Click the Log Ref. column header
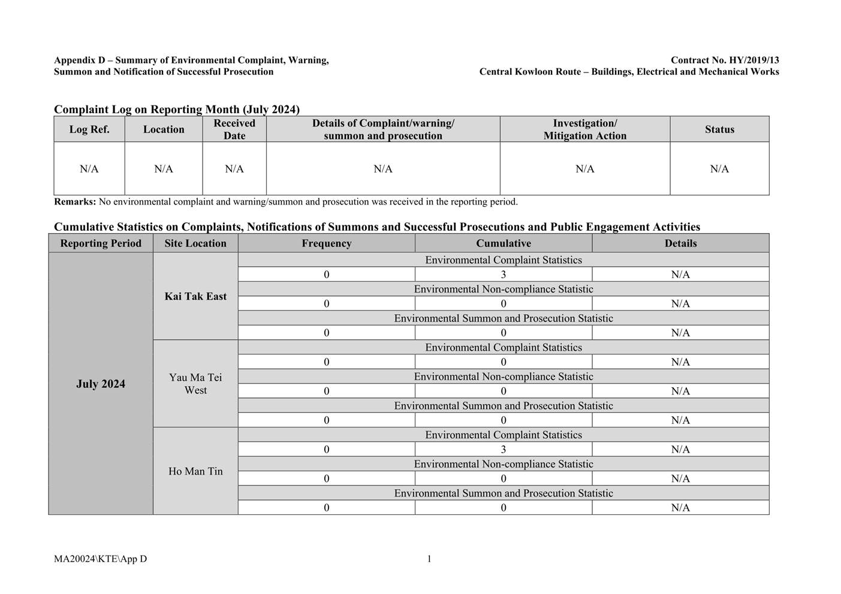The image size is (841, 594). pos(89,129)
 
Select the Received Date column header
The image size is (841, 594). pos(234,129)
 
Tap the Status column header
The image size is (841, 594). pos(719,129)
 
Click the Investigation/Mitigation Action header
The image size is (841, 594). pos(584,129)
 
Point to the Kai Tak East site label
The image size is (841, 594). pos(195,296)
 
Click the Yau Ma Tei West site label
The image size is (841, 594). pos(195,384)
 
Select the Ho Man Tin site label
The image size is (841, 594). pos(195,471)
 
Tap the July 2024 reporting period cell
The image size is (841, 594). pos(101,384)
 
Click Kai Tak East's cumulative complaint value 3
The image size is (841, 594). pos(504,275)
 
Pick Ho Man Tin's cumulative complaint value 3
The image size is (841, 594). pos(504,450)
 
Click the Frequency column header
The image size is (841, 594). pos(326,243)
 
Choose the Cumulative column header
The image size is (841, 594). pos(504,243)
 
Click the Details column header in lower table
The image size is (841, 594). pos(680,243)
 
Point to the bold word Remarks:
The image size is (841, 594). pos(75,202)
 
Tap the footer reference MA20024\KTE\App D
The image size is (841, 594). pos(100,559)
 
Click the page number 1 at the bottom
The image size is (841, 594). pos(429,559)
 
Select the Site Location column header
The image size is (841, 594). pos(195,243)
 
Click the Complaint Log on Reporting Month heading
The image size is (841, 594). pos(177,109)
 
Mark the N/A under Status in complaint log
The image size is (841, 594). pos(719,169)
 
